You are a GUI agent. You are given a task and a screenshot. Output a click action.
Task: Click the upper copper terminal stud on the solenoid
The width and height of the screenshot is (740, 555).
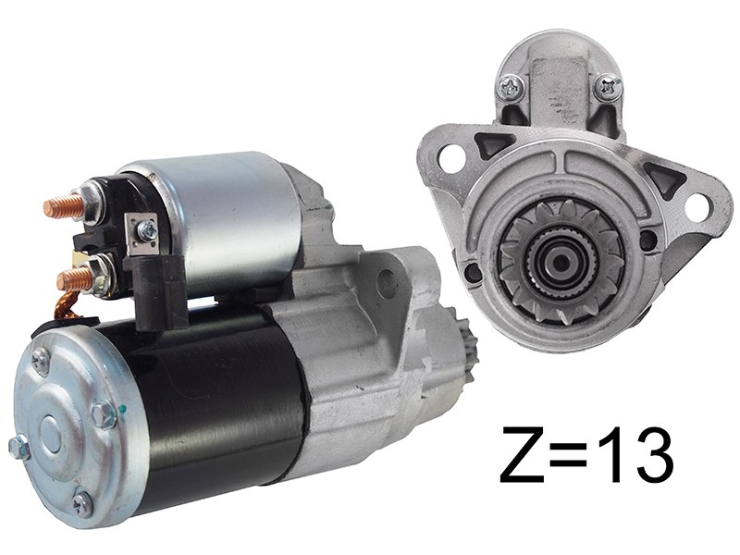point(62,203)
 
